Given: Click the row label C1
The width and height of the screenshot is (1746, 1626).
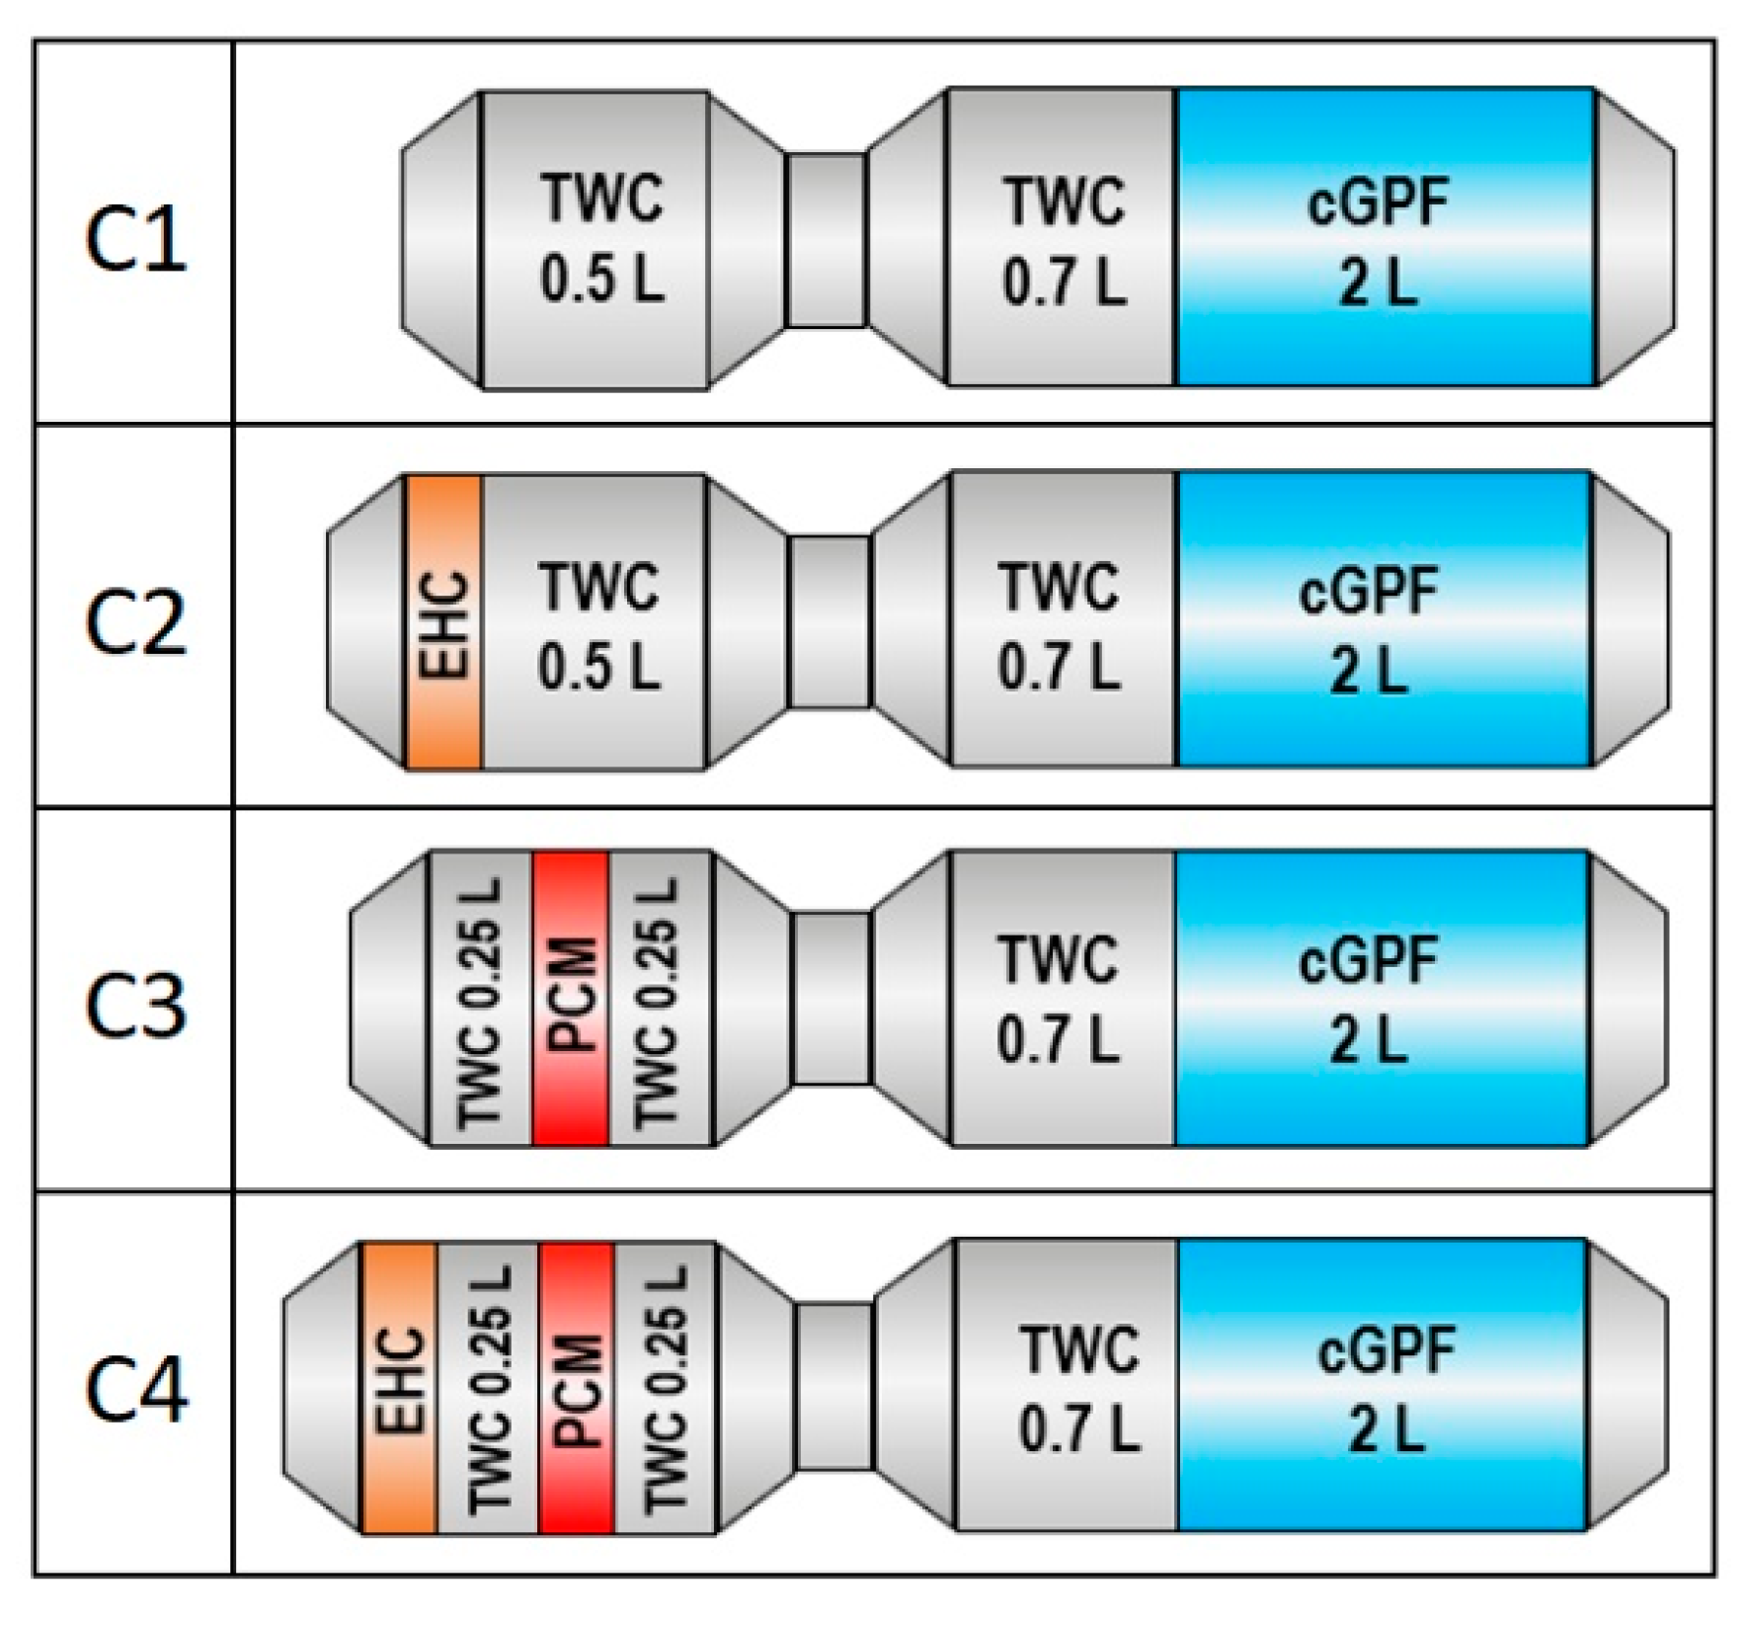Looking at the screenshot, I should pos(135,241).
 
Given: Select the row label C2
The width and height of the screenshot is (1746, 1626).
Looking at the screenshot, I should pos(135,623).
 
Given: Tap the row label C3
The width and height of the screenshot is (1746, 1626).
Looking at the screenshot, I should pos(135,1005).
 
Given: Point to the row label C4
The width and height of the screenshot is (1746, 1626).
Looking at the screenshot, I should pos(135,1389).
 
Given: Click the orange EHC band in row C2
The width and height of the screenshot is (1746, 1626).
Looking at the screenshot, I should pos(443,621).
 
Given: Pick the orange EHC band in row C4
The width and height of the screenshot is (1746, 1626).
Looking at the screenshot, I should pos(399,1387).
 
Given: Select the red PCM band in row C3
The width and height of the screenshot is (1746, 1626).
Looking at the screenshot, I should pos(570,998).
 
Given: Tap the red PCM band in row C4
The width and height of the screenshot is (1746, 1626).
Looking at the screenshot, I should pos(577,1387).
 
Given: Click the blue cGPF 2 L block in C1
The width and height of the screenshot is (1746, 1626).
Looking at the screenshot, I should pos(1383,237).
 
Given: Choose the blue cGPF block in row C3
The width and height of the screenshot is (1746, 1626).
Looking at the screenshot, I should pos(1381,998).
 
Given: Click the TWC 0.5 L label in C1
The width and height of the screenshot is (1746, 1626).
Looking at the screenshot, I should pos(600,239).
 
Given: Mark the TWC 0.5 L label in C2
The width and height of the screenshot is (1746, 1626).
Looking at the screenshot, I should pos(597,623).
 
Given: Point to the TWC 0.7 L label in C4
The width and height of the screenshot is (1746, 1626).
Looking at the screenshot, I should pos(1078,1389).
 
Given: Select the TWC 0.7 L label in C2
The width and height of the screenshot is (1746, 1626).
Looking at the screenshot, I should pos(1059,623).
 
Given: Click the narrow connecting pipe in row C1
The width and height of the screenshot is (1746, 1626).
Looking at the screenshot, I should pos(827,239).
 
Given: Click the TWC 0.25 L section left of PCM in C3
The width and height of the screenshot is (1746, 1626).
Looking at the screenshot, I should pos(481,998).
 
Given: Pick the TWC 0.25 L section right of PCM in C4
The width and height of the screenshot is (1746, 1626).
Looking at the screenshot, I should pos(666,1387).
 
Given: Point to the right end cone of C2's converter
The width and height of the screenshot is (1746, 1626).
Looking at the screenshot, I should pos(1629,619).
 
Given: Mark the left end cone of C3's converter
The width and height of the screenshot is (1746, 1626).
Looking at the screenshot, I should pos(390,998).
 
